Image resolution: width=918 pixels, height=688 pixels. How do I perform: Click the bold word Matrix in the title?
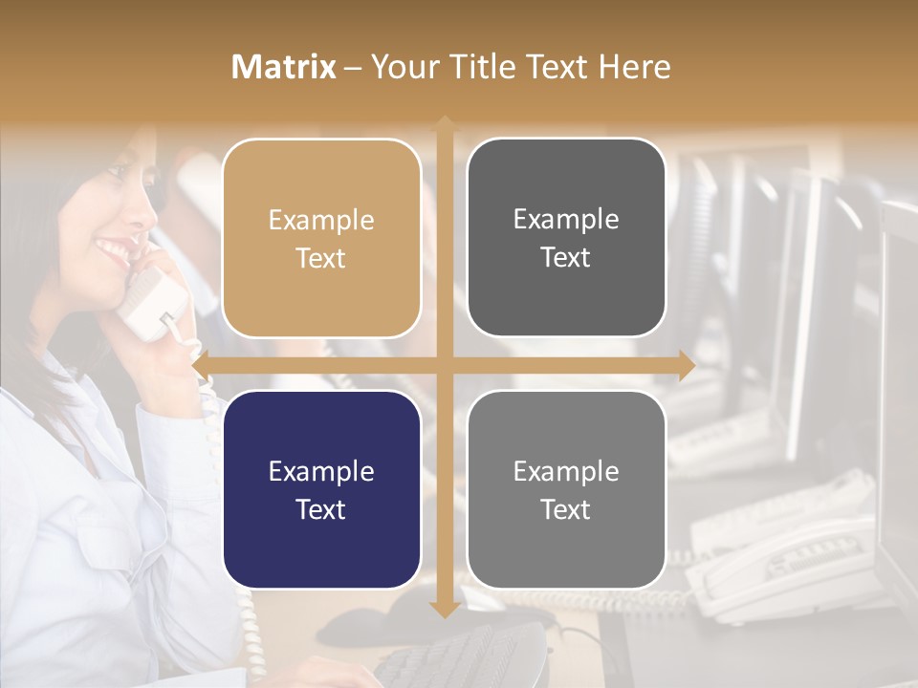pyautogui.click(x=284, y=67)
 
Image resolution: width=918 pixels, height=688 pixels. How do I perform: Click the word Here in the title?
pyautogui.click(x=634, y=67)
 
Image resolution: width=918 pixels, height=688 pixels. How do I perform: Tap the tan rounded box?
pyautogui.click(x=321, y=238)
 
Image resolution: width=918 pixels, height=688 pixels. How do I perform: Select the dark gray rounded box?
pyautogui.click(x=566, y=238)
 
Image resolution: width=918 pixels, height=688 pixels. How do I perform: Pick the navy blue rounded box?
pyautogui.click(x=321, y=489)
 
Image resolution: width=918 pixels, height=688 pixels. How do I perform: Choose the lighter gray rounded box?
pyautogui.click(x=566, y=489)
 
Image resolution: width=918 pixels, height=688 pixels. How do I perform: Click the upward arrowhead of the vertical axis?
pyautogui.click(x=444, y=123)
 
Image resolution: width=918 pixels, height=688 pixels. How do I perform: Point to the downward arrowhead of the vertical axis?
pyautogui.click(x=444, y=609)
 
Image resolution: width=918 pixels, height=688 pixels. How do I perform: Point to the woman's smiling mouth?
pyautogui.click(x=113, y=250)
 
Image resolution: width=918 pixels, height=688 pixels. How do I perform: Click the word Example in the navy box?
pyautogui.click(x=321, y=471)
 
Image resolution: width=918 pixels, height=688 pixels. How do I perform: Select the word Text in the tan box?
pyautogui.click(x=321, y=258)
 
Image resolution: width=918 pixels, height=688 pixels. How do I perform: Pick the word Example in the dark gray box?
pyautogui.click(x=566, y=219)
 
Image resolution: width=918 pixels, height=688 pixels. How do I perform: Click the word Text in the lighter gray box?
pyautogui.click(x=566, y=509)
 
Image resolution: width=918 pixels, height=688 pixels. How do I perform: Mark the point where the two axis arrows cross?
pyautogui.click(x=444, y=365)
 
